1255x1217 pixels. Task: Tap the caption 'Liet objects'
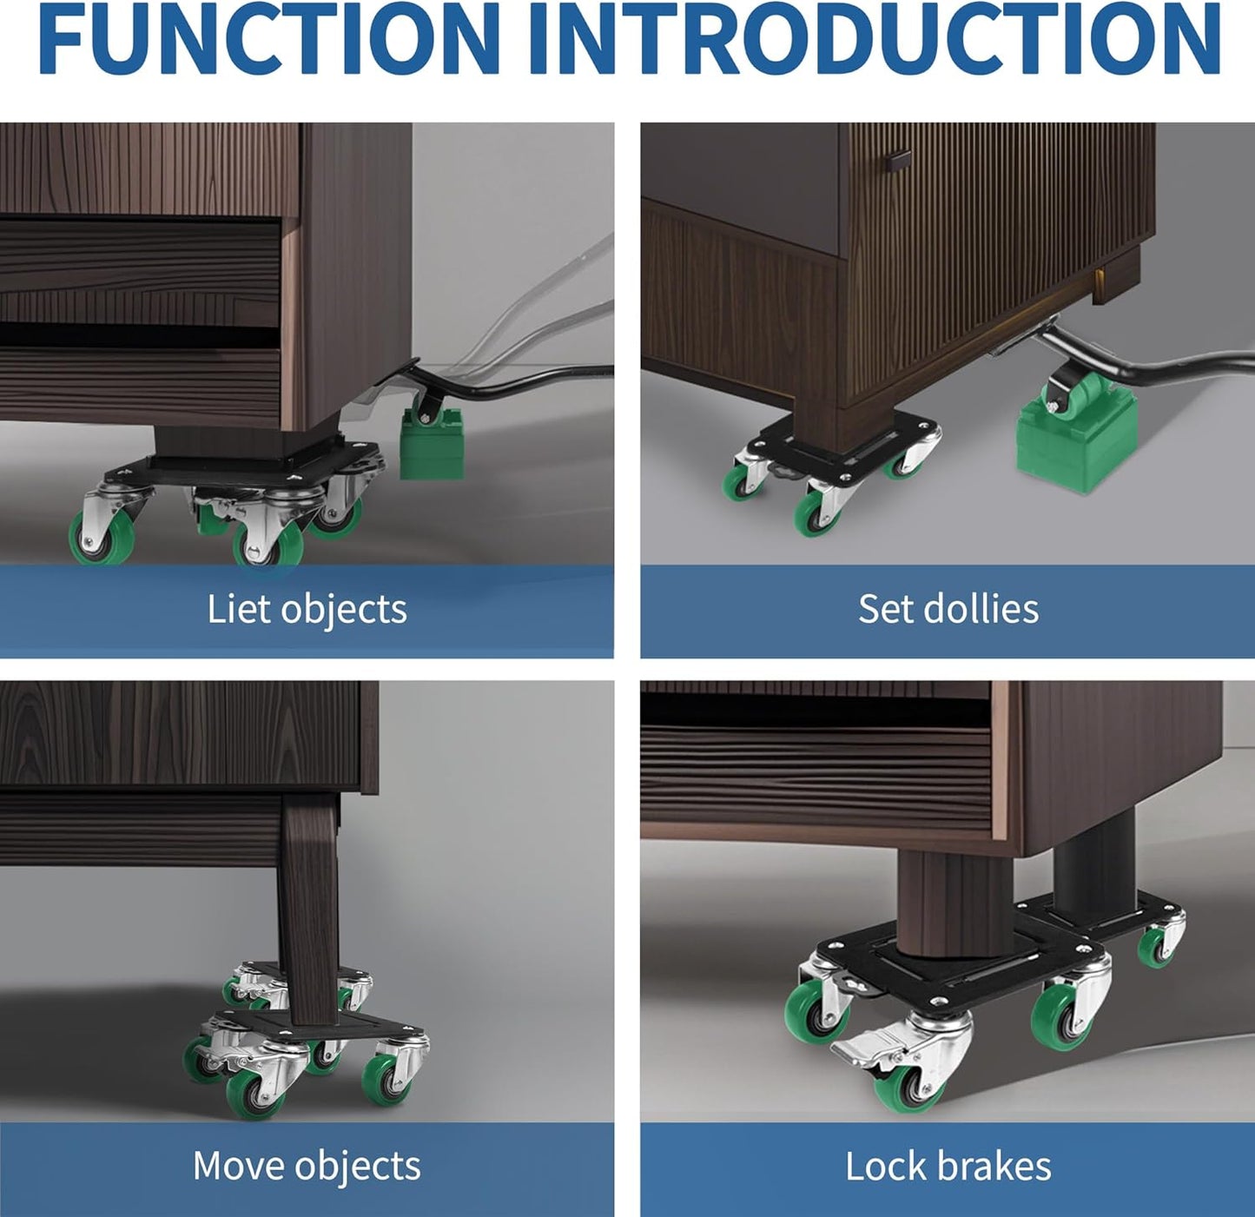[307, 609]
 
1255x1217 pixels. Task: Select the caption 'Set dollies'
[948, 609]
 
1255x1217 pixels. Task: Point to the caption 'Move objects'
[307, 1166]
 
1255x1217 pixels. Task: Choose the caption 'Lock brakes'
[948, 1166]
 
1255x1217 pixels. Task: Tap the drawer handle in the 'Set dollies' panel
[898, 161]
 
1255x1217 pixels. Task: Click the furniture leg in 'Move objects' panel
[309, 903]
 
